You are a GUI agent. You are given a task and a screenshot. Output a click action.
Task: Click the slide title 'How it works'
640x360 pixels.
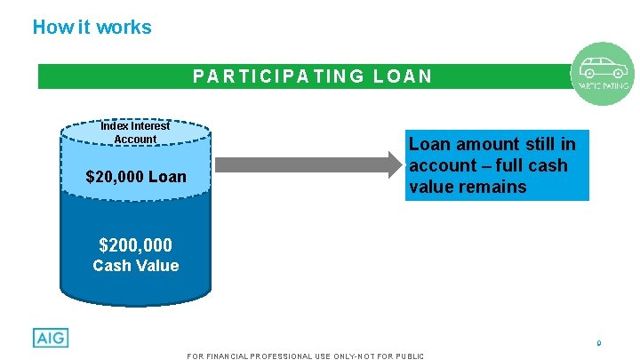[x=92, y=28]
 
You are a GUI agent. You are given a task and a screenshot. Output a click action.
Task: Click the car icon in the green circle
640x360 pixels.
[x=602, y=68]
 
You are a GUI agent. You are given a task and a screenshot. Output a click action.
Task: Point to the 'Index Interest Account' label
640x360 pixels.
[x=135, y=132]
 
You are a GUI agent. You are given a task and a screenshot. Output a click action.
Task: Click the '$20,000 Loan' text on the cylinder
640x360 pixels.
[x=136, y=177]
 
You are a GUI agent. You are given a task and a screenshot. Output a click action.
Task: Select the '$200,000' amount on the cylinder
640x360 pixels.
[x=136, y=244]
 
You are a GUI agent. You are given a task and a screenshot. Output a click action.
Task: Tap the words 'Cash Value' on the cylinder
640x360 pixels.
[x=136, y=266]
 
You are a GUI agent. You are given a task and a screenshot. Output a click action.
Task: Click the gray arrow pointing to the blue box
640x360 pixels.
[x=308, y=164]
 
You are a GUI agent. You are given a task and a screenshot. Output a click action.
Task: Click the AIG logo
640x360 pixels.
[x=51, y=338]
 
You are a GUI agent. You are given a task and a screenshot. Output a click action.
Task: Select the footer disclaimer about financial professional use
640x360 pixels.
[x=306, y=356]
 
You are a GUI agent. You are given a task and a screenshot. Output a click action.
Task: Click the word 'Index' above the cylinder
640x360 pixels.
[x=115, y=126]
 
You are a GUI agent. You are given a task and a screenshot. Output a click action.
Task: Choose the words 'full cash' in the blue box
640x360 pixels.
[x=531, y=165]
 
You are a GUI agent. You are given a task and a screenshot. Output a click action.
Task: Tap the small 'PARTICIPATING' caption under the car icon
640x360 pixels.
[x=604, y=86]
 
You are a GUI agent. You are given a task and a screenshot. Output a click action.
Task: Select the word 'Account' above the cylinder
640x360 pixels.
[x=135, y=139]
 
